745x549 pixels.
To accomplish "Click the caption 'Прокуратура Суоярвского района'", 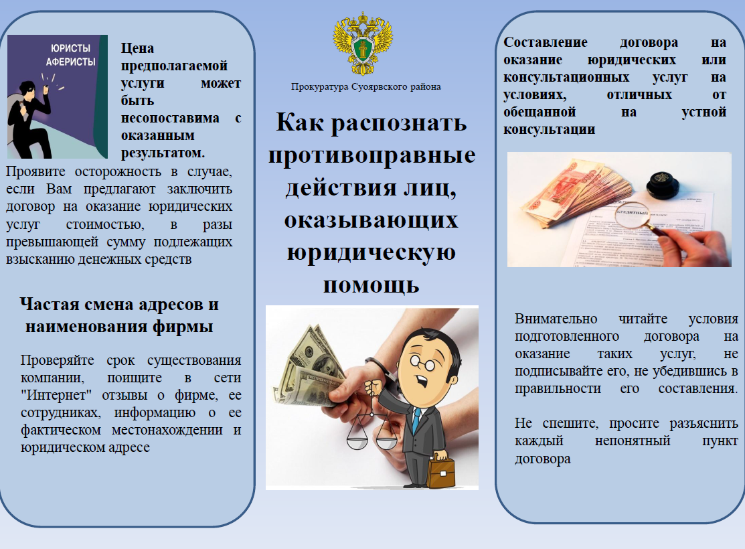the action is [x=366, y=86].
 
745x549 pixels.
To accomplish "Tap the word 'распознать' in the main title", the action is [x=399, y=123].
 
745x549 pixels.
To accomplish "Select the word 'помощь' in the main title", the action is [x=371, y=285].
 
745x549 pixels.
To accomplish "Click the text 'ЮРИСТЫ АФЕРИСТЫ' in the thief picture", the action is [x=70, y=55].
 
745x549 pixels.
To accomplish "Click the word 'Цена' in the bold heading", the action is [x=137, y=48].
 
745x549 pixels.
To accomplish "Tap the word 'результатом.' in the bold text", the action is [x=163, y=153].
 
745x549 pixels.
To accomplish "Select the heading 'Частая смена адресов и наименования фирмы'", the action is [x=119, y=315].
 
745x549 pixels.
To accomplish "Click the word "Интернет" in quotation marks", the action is [x=56, y=395].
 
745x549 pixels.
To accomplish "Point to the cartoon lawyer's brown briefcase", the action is [x=440, y=471].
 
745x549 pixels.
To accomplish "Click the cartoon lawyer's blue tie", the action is [x=416, y=419].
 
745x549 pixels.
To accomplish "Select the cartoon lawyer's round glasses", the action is [x=422, y=363].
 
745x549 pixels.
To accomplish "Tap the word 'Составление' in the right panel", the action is [x=546, y=42].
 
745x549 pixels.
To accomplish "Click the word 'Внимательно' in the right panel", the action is [x=556, y=319].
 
